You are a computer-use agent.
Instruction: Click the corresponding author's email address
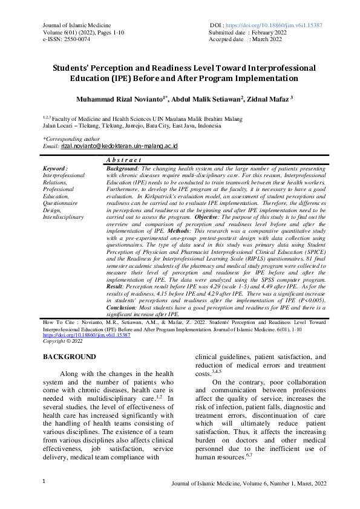tap(119, 146)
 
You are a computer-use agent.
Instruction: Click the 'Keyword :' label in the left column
tap(56, 169)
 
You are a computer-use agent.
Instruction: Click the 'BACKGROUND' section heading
tap(69, 357)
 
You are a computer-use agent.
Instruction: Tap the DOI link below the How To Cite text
tap(86, 335)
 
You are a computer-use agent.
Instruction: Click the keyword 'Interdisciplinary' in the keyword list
tap(64, 216)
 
